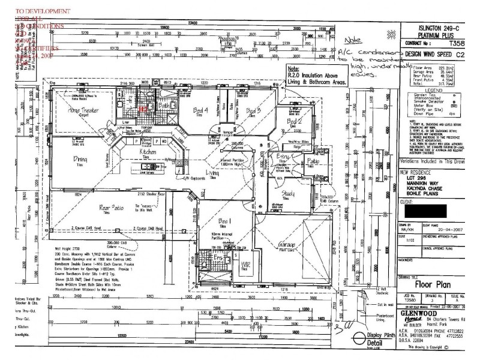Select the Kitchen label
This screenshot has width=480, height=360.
[148, 153]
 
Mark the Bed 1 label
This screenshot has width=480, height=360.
[225, 222]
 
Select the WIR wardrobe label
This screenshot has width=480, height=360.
[245, 265]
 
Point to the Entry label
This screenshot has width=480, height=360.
[283, 157]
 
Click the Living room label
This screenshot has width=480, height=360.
[212, 173]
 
